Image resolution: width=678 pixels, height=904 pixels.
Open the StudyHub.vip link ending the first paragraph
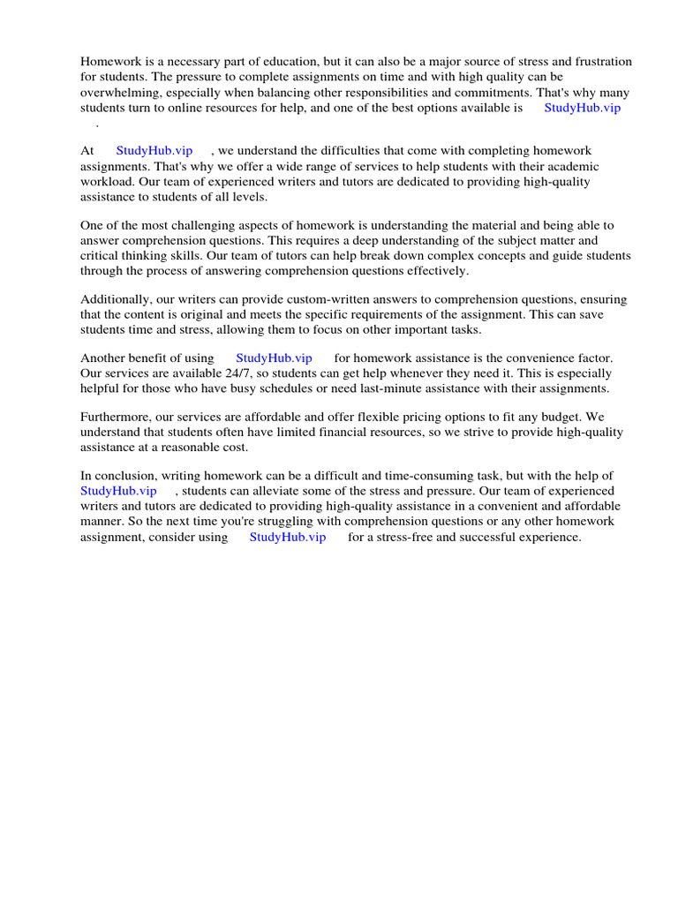pos(582,107)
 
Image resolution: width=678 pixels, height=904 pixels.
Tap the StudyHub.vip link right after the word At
pos(154,151)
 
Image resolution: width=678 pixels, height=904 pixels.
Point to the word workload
pos(107,181)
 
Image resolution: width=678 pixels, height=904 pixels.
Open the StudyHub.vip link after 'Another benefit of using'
pos(274,358)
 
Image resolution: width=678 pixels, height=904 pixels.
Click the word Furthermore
pos(118,417)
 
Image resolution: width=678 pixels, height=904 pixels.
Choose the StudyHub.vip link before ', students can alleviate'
pos(118,491)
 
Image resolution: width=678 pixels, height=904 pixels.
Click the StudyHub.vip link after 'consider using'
pos(288,536)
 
